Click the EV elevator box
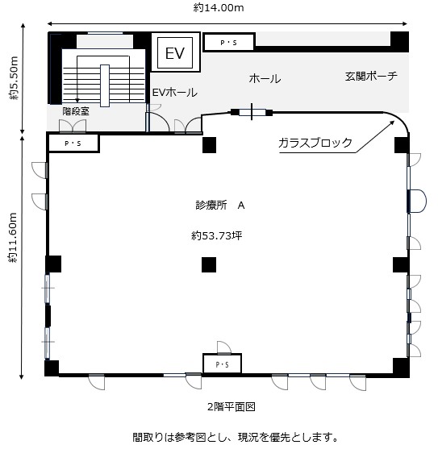coord(175,52)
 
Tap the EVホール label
coord(174,93)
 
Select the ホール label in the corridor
coord(265,78)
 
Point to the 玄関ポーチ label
coord(371,76)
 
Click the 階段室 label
coord(76,110)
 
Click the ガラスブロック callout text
coord(315,143)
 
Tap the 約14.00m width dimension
coord(219,8)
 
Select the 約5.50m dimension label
coord(14,78)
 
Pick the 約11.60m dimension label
coord(13,238)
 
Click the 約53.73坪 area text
coord(217,235)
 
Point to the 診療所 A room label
coord(220,205)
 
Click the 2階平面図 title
coord(232,406)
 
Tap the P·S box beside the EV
coord(229,43)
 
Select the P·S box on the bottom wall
coord(223,364)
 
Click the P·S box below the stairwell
coord(73,143)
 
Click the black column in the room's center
coord(209,264)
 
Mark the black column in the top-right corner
coord(399,42)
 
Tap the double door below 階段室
coord(73,127)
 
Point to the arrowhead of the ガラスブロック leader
coord(392,123)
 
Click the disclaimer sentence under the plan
coord(236,437)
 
